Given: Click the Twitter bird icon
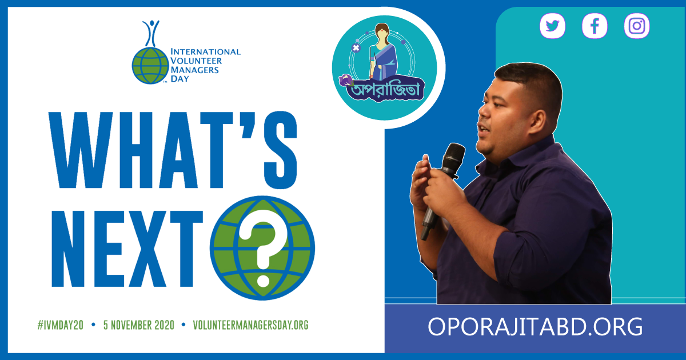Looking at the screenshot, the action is pyautogui.click(x=552, y=26).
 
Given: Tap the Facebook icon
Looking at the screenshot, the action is pyautogui.click(x=595, y=26).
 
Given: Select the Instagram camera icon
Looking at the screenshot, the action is pyautogui.click(x=637, y=26).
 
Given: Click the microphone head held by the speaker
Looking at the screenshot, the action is pyautogui.click(x=453, y=157).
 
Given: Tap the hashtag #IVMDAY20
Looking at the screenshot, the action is pyautogui.click(x=61, y=325).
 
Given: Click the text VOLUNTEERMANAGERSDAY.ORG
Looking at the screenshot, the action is pyautogui.click(x=250, y=325).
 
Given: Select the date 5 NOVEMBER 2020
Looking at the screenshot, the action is pyautogui.click(x=139, y=325).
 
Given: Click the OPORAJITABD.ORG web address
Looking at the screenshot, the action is pyautogui.click(x=535, y=327).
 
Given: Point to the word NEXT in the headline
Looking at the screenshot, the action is pyautogui.click(x=127, y=249).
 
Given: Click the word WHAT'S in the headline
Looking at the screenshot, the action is pyautogui.click(x=173, y=150).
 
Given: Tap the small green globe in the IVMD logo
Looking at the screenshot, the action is pyautogui.click(x=150, y=66).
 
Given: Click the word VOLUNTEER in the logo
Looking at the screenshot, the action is pyautogui.click(x=196, y=61).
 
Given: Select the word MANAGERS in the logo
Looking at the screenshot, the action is pyautogui.click(x=195, y=70).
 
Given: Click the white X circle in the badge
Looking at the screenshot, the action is pyautogui.click(x=356, y=48).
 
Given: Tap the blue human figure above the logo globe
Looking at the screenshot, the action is pyautogui.click(x=151, y=33).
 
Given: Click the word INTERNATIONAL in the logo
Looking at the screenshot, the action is pyautogui.click(x=205, y=52).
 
